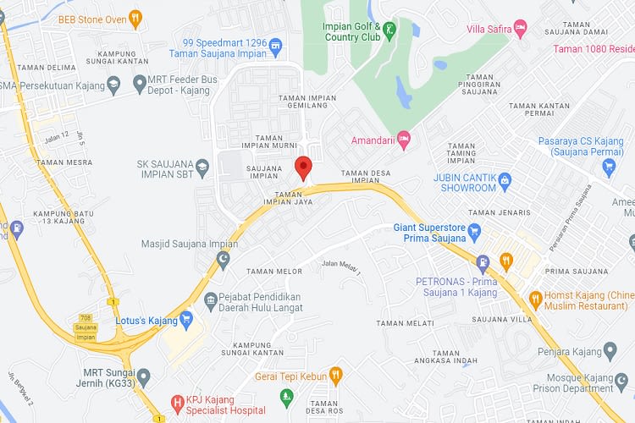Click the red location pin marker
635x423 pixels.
[303, 167]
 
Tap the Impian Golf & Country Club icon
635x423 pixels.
[389, 31]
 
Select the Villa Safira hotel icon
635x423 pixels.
[521, 30]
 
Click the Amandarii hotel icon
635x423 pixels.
[404, 137]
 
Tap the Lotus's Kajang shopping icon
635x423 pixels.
[186, 321]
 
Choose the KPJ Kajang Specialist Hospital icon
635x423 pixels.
[177, 403]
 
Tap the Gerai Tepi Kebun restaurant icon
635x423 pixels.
[335, 375]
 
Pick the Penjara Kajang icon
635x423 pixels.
[609, 350]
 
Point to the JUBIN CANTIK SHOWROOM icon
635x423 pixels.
[505, 179]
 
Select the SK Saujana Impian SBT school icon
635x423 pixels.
[202, 170]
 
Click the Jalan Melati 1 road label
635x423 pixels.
[340, 267]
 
